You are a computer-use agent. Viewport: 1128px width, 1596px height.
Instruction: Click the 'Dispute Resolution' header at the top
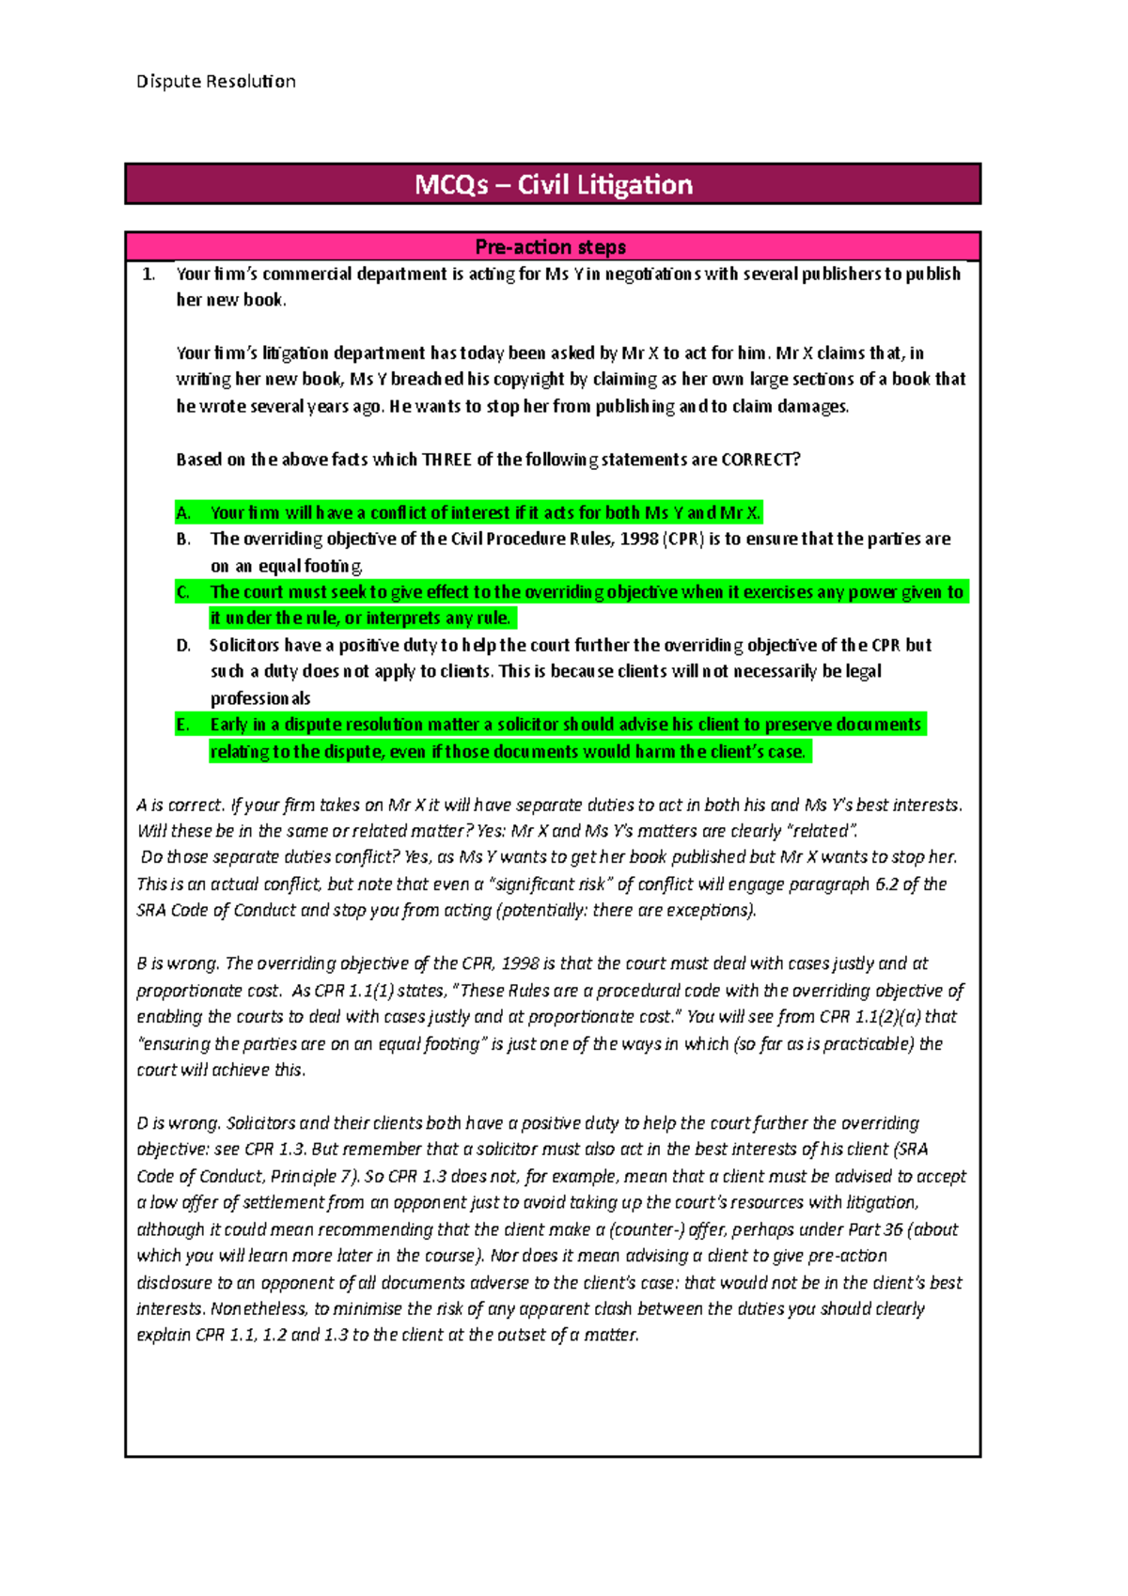click(x=215, y=82)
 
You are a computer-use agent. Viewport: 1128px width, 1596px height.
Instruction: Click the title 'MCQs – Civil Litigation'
click(x=553, y=184)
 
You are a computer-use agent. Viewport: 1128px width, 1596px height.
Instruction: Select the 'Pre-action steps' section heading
click(x=551, y=247)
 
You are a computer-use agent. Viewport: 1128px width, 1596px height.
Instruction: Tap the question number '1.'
click(x=149, y=274)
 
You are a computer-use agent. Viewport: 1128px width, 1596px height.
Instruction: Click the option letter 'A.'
click(x=183, y=513)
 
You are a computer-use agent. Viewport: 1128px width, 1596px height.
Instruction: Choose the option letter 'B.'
click(x=183, y=540)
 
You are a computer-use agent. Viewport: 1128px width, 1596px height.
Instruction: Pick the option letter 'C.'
click(x=183, y=592)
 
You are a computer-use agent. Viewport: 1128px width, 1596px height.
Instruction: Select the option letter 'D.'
click(x=183, y=646)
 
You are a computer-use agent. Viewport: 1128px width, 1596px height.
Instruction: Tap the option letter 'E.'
click(x=183, y=725)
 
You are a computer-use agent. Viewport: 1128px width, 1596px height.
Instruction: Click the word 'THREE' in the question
click(x=446, y=460)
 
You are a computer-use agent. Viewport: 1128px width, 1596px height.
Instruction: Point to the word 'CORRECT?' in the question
click(x=760, y=460)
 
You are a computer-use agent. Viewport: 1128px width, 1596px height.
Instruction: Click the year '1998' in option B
click(x=638, y=540)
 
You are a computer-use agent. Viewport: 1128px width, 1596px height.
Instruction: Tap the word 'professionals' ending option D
click(x=260, y=698)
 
